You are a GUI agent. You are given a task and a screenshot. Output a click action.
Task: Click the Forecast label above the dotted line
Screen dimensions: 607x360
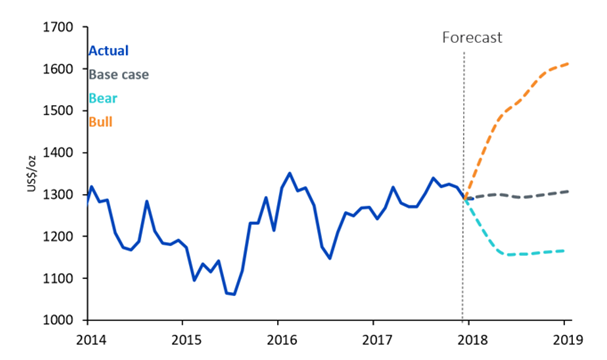[x=472, y=38]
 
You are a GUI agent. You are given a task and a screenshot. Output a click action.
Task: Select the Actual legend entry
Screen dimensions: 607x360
[x=109, y=51]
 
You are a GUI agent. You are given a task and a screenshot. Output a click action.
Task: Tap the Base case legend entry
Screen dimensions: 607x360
[x=119, y=74]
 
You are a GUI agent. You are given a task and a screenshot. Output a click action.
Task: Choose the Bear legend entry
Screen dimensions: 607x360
[x=103, y=98]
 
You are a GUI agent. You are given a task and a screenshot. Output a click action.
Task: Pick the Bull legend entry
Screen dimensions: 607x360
[x=101, y=122]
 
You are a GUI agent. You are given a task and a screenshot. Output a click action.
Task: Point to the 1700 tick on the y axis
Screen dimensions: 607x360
[x=58, y=27]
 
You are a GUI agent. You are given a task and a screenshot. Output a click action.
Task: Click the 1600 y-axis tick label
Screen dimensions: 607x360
[x=58, y=69]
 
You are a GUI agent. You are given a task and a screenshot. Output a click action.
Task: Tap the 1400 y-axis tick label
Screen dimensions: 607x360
[x=58, y=153]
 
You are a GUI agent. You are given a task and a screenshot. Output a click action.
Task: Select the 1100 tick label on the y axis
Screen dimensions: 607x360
[x=58, y=278]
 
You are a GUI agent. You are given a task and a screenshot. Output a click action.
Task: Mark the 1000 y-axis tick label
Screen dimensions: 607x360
[x=58, y=320]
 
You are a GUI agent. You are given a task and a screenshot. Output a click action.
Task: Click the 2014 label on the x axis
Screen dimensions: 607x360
[x=91, y=340]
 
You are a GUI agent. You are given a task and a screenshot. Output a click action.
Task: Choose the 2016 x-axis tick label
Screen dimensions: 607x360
[x=282, y=340]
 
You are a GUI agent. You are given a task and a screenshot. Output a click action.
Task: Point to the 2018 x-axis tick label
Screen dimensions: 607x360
[x=473, y=340]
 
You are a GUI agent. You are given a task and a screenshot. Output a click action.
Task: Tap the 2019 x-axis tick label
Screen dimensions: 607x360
[x=568, y=340]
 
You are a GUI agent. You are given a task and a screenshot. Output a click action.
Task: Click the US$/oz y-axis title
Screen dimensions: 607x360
[x=31, y=174]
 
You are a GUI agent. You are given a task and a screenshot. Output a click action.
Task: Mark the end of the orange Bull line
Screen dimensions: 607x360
[x=568, y=63]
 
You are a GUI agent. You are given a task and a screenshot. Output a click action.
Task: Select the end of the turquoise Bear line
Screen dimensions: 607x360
[x=564, y=251]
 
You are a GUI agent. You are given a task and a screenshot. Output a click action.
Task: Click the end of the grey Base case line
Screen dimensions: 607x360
[x=568, y=191]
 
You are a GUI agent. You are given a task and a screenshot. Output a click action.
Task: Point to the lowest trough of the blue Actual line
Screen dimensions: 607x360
[x=234, y=295]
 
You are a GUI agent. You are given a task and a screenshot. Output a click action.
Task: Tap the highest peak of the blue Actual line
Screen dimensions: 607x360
[x=290, y=173]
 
